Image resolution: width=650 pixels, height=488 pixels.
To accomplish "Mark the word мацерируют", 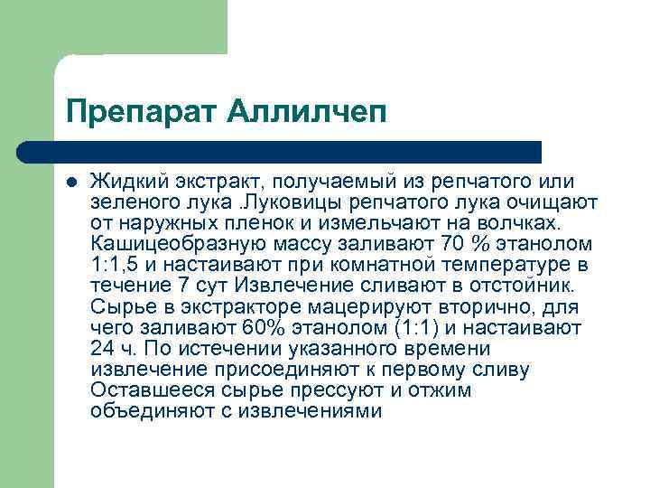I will coord(311,307).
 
